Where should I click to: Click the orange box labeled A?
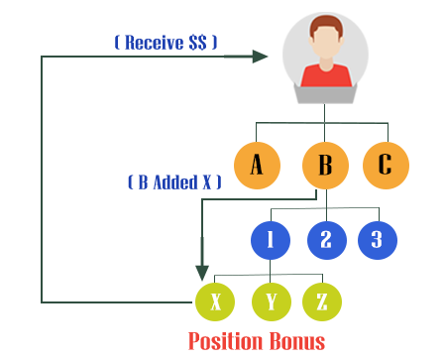tap(257, 165)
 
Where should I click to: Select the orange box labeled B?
tap(324, 165)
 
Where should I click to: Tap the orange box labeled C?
tap(385, 165)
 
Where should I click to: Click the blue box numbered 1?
tap(270, 239)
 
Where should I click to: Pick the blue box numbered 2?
tap(326, 239)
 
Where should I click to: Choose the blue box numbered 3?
tap(377, 239)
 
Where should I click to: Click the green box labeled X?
tap(214, 301)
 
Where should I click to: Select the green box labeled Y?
tap(271, 301)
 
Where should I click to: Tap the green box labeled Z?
tap(321, 301)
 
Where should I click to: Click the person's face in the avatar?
tap(324, 44)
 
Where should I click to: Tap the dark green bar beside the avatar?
tap(246, 57)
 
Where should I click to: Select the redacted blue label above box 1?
tap(174, 181)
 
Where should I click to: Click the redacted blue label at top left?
tap(166, 42)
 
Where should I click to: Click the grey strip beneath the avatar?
tap(323, 94)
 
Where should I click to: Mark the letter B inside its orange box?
tap(324, 165)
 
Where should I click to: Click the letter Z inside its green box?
tap(321, 301)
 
